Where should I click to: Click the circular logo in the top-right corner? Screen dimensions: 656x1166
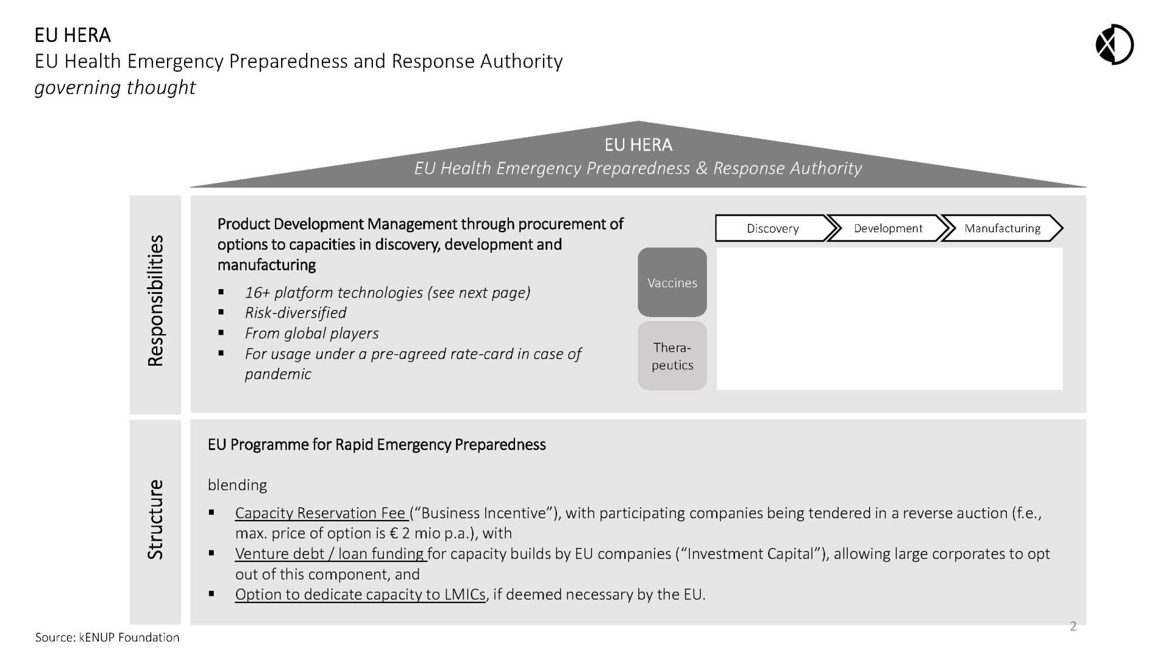(1114, 44)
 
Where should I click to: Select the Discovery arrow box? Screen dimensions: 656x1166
(772, 228)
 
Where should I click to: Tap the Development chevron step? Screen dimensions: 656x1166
(887, 228)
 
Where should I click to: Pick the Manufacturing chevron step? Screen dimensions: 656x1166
(1002, 228)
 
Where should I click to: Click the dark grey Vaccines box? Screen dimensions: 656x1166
(672, 282)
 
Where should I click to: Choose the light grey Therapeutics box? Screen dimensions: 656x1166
(672, 356)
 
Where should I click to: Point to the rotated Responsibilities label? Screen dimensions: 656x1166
(155, 301)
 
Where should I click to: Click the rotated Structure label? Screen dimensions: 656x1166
(155, 519)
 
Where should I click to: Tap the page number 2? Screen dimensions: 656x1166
(1073, 626)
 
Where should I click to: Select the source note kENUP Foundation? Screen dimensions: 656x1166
(107, 637)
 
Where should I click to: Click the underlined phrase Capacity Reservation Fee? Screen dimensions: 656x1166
(321, 513)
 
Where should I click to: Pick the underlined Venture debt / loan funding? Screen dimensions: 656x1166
(330, 553)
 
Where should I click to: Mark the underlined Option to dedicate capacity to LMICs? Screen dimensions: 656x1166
(360, 594)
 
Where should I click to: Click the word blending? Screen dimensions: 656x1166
(237, 485)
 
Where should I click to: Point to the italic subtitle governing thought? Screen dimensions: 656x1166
(115, 87)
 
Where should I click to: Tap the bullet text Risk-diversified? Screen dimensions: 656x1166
(296, 313)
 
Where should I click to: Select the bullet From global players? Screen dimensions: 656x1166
(312, 333)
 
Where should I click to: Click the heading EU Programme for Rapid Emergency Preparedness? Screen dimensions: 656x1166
(377, 445)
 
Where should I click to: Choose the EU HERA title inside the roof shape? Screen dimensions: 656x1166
(638, 145)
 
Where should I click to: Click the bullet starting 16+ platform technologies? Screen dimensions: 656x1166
(387, 292)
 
